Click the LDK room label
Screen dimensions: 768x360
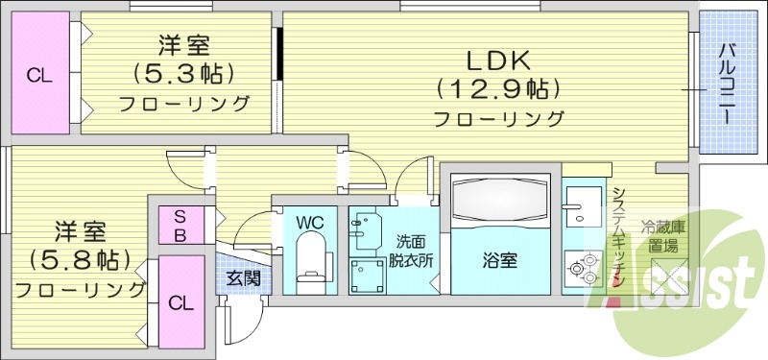click(498, 60)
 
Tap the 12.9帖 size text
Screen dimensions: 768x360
click(498, 90)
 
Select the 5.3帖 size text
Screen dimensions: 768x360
click(184, 74)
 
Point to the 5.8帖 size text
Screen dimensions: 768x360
click(80, 259)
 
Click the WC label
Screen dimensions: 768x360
click(309, 223)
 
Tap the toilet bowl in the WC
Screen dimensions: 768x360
click(310, 264)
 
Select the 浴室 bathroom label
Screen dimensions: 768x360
click(499, 259)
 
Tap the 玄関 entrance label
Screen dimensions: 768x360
click(240, 279)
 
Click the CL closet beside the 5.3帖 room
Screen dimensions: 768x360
click(39, 75)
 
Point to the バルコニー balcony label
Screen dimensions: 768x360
click(728, 83)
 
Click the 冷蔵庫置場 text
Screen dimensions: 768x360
click(662, 237)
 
